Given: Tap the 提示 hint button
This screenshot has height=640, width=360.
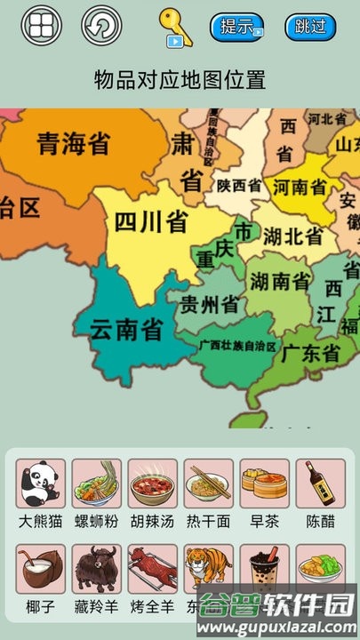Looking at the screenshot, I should [x=236, y=27].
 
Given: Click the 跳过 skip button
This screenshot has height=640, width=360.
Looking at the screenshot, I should [x=310, y=27].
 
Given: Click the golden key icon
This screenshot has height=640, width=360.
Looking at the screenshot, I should [x=173, y=26].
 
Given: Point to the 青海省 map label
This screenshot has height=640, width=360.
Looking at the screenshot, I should [x=74, y=142].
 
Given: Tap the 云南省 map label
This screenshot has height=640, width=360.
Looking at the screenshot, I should [x=126, y=330].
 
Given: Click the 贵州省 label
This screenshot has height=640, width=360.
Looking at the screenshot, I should [x=210, y=305].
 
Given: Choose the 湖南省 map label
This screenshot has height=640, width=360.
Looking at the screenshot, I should [x=280, y=282].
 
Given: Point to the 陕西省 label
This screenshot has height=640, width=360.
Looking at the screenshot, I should [x=239, y=186].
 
